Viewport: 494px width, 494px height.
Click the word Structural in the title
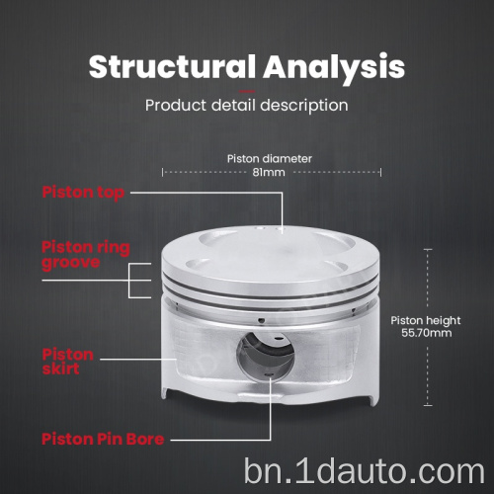click(x=172, y=66)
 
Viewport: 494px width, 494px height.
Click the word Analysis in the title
click(x=334, y=68)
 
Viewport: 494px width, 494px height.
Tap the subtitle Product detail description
click(x=247, y=106)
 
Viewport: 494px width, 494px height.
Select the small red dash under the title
click(x=247, y=91)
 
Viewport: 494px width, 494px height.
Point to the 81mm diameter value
click(x=269, y=172)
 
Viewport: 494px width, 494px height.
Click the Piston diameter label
click(x=270, y=159)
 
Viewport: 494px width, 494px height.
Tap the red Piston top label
click(x=83, y=193)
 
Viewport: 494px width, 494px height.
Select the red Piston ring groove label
click(x=86, y=255)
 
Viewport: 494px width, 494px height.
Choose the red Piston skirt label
click(x=68, y=362)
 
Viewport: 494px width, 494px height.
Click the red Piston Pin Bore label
click(x=103, y=439)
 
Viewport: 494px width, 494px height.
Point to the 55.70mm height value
click(x=427, y=333)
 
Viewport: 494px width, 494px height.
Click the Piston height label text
click(x=426, y=320)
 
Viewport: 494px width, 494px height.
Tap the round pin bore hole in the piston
click(x=266, y=357)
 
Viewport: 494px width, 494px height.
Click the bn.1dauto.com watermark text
click(x=365, y=471)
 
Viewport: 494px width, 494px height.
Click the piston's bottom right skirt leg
click(x=372, y=397)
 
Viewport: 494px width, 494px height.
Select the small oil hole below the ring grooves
click(x=261, y=320)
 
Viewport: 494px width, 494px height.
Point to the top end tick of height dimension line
click(x=428, y=250)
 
